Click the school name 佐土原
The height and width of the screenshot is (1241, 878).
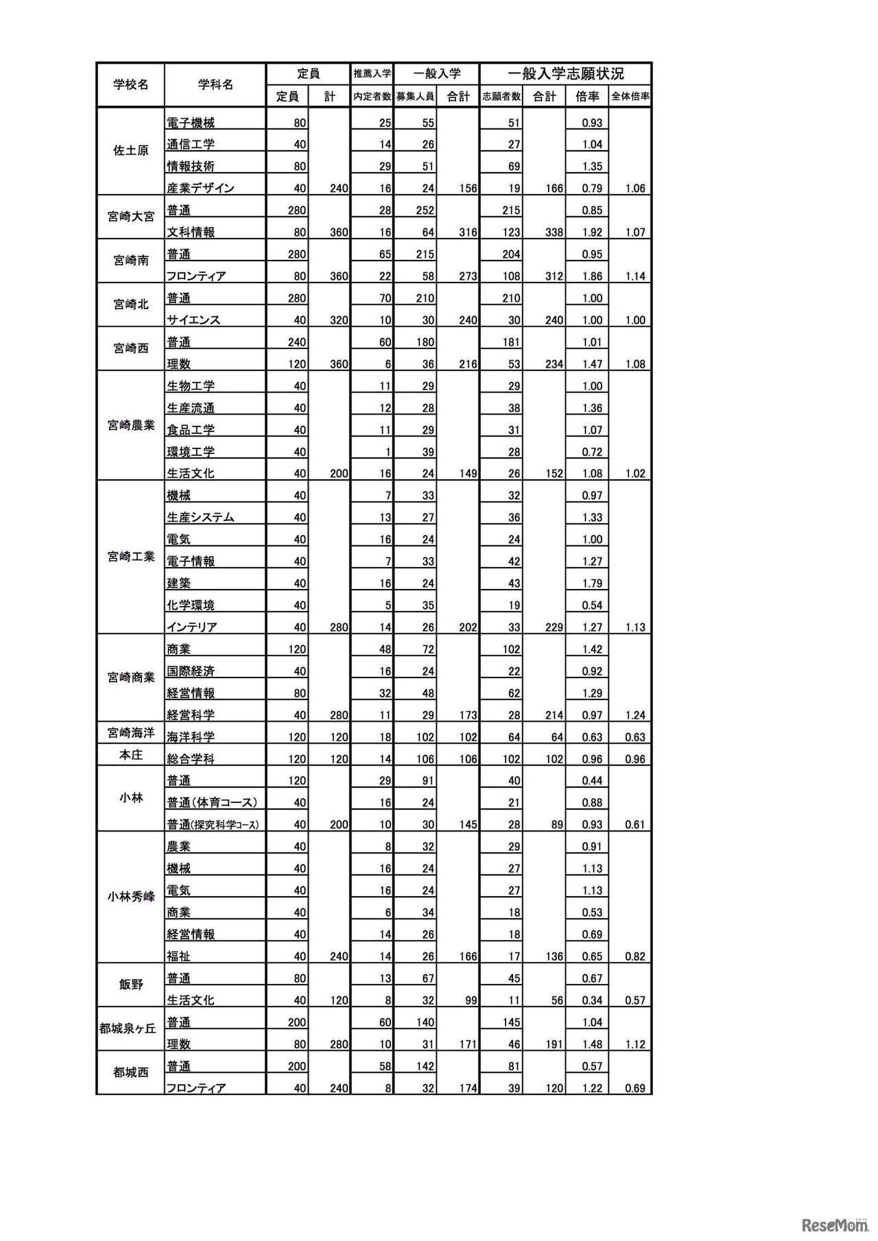(x=130, y=151)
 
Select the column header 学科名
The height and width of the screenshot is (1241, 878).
(x=215, y=84)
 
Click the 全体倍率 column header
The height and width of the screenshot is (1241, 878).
(x=630, y=97)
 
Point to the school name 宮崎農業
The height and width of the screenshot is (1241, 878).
(x=130, y=425)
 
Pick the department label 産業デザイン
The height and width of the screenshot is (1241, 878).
(x=200, y=188)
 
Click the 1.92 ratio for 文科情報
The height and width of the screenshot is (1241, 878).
(x=591, y=232)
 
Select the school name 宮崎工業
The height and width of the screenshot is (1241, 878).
(x=130, y=556)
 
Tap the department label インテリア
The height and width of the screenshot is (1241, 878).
(x=192, y=627)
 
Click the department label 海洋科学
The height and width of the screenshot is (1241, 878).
(x=191, y=737)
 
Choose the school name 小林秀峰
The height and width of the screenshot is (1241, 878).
(x=130, y=896)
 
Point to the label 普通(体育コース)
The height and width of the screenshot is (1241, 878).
(x=212, y=802)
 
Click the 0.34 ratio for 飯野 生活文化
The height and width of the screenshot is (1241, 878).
(x=591, y=1000)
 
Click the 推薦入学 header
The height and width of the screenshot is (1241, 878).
(x=372, y=73)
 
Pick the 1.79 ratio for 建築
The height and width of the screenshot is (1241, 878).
(x=591, y=583)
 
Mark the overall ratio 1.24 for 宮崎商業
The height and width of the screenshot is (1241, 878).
(x=635, y=715)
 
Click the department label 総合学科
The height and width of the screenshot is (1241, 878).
(x=191, y=759)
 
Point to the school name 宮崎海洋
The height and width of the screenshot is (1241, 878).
(x=130, y=733)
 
